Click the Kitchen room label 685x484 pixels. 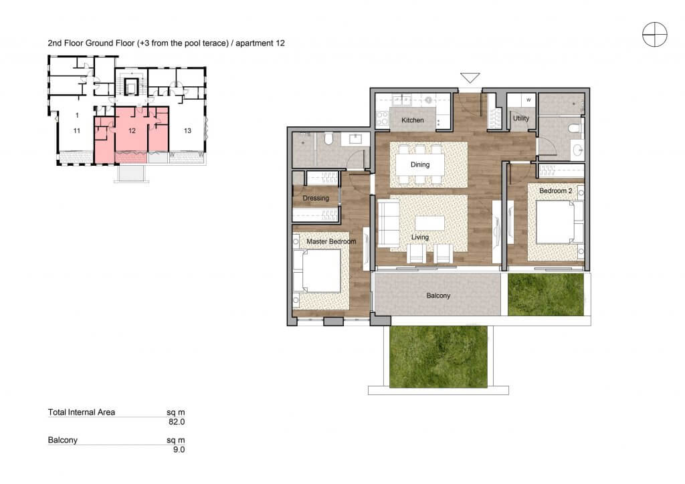coord(412,120)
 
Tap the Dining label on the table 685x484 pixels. coord(420,164)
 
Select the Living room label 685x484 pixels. coord(420,237)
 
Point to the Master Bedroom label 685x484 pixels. coord(331,241)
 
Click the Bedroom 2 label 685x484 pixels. coord(555,191)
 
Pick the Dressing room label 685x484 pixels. coord(316,198)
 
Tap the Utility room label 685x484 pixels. coord(520,118)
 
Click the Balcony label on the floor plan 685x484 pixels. coord(438,295)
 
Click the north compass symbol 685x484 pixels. coord(654,34)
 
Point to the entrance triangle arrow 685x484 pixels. coord(470,78)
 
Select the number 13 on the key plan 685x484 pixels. coord(187,130)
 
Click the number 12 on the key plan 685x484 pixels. coord(132,130)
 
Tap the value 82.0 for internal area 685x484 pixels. coord(177,422)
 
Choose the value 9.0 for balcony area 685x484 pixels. coord(179,449)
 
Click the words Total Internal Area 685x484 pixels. coord(81,412)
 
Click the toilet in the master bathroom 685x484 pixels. coord(329,138)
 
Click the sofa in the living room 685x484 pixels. coord(389,222)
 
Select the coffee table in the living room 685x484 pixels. coord(429,223)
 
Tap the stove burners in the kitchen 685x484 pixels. coord(382,118)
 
